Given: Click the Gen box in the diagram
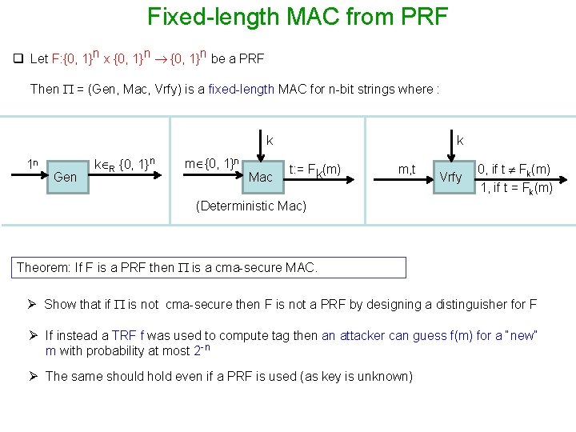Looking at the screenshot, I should click(65, 176).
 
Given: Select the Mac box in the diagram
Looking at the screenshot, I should click(261, 176).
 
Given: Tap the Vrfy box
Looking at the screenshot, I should click(451, 176).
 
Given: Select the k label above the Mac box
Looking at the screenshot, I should click(270, 141).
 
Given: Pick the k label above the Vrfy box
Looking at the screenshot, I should click(460, 141).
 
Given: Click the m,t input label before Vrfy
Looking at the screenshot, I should click(407, 168).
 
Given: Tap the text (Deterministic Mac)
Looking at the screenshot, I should click(251, 206).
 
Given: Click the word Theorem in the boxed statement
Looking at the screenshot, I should click(44, 267).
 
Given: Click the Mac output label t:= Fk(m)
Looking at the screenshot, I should click(314, 169).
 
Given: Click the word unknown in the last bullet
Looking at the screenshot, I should click(385, 376).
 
